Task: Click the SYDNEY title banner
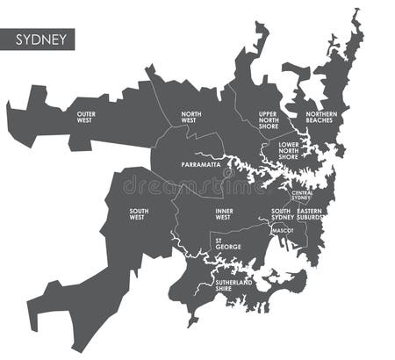coord(39,40)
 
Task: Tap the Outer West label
coord(85,117)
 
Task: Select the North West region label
coord(191,117)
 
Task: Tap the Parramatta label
coord(201,164)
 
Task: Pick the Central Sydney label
coord(301,196)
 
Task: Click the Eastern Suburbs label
coord(309,214)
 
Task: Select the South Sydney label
coord(281,214)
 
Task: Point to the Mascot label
coord(283,231)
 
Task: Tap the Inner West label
coord(225,214)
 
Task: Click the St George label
coord(227,242)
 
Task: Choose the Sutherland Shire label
coord(235,285)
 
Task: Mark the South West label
coord(139,214)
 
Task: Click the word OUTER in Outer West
coord(85,114)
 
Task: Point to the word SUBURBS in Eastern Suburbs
coord(309,217)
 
